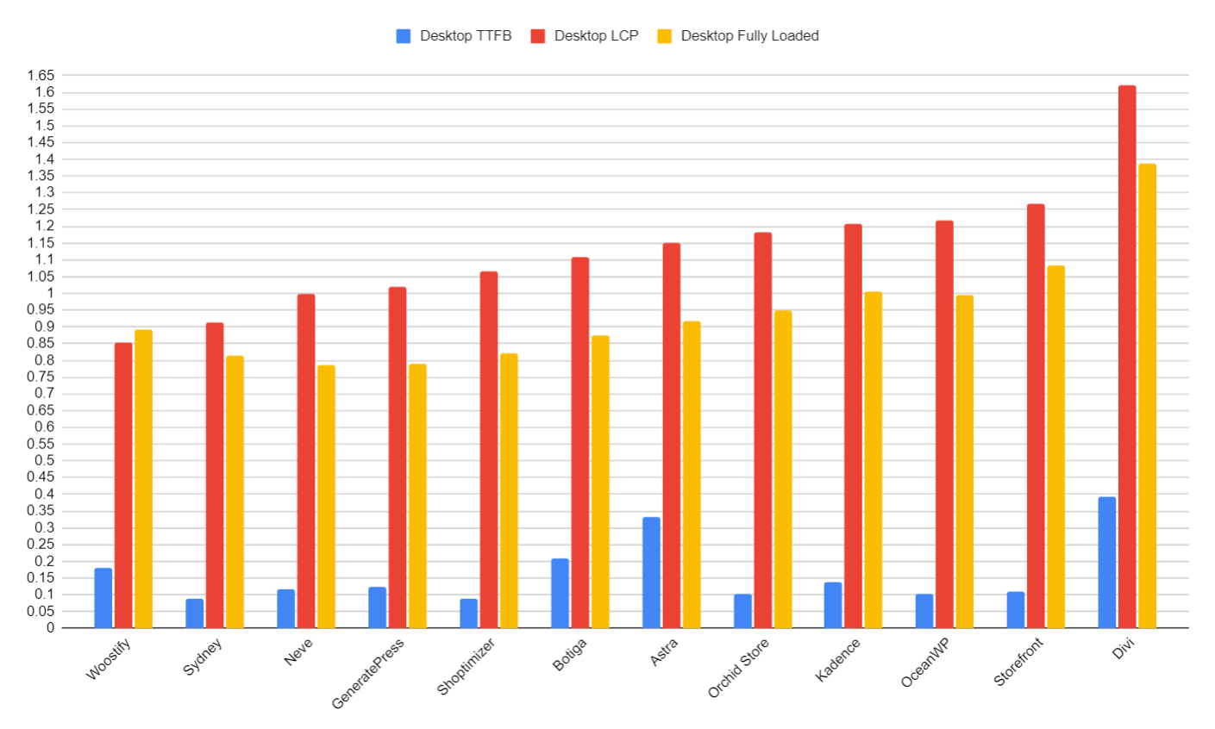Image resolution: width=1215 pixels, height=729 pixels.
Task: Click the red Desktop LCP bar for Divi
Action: pos(1127,357)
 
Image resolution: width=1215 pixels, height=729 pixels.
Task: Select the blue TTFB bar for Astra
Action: pos(651,572)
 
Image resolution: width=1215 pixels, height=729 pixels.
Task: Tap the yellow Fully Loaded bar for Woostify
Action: pos(143,478)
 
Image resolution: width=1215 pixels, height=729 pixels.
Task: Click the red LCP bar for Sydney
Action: pos(215,475)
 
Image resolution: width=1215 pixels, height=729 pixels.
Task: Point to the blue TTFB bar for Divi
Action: pos(1106,562)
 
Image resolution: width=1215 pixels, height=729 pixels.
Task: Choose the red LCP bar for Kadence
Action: pos(853,426)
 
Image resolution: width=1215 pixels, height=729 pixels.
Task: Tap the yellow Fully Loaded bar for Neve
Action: pos(326,496)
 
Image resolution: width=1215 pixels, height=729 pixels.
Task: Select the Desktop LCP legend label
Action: pos(596,36)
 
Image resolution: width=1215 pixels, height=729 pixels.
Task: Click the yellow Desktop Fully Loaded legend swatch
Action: pos(664,36)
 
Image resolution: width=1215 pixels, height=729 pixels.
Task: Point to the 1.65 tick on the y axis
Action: pos(41,76)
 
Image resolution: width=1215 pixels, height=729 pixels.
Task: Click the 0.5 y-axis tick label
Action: pos(44,461)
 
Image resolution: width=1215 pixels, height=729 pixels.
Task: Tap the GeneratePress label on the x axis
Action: pos(368,675)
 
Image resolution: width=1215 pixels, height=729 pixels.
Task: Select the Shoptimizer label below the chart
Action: pos(467,667)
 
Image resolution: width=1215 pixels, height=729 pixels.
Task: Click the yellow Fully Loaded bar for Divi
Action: pos(1147,396)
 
